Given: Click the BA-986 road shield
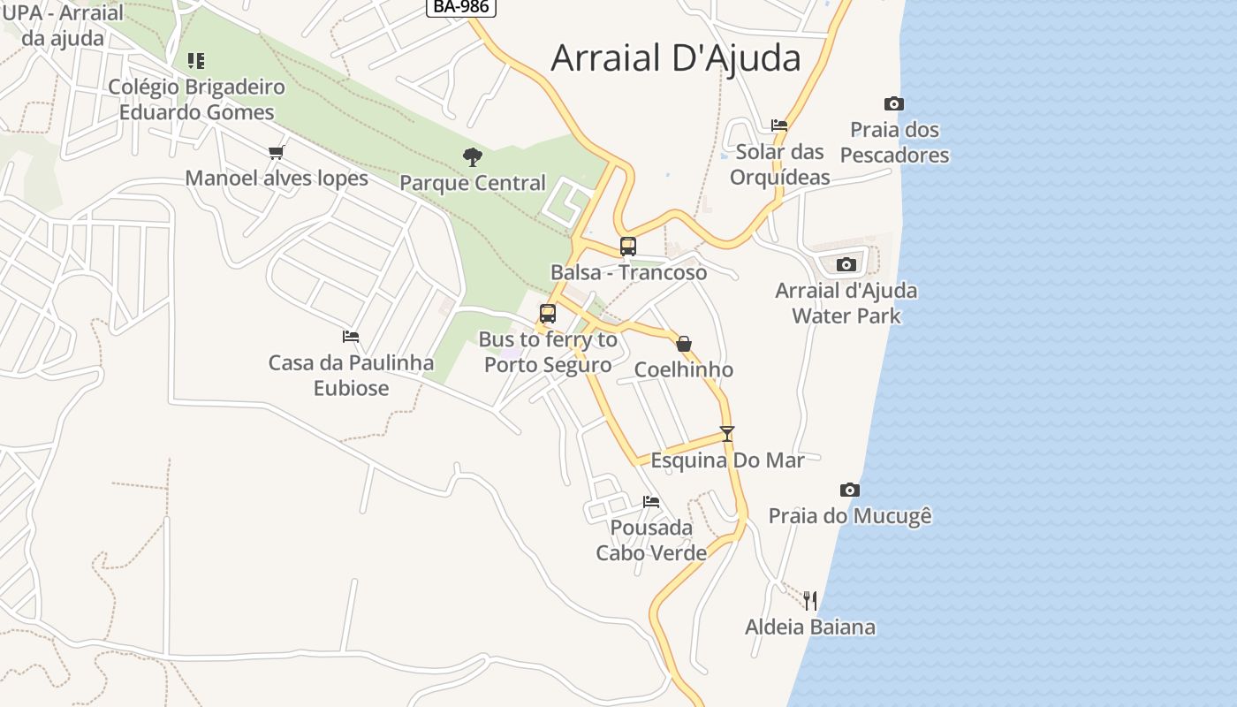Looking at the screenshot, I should pos(460,7).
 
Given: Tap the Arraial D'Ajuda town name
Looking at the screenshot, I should pos(676,58).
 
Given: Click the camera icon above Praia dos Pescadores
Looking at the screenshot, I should pos(894,104).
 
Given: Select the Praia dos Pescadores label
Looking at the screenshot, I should pos(894,142).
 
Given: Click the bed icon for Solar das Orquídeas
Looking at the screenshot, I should pos(779,125).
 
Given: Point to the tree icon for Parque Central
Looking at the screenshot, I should pos(473,157).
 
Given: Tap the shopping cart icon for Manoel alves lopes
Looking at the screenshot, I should pos(277,152).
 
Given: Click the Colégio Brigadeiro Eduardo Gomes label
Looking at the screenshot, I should pos(197,100).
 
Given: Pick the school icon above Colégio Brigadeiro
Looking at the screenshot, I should pos(196,61).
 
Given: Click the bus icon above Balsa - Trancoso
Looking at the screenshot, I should pos(628,247).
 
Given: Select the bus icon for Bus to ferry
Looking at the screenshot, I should pos(548,314).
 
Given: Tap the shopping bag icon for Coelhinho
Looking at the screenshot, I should pos(684,344).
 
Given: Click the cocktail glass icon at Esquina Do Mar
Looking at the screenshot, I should pos(727,434).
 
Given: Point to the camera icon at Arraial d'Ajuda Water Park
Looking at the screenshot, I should pos(846,264).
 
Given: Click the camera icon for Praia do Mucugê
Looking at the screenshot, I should pos(850,490).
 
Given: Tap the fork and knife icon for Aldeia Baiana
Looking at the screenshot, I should pos(810,601).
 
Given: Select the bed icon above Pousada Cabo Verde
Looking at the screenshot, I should pos(651,502).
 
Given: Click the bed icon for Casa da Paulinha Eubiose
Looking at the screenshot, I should pos(351,337).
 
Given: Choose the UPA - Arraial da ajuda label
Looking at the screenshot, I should pos(62,26).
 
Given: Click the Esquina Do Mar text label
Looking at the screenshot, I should pos(728,460).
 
